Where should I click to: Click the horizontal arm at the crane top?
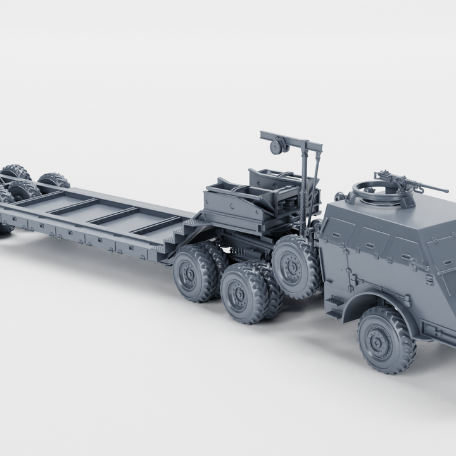point(291,141)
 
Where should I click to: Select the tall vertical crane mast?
point(310,184)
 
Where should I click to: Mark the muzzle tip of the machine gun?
point(447,190)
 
